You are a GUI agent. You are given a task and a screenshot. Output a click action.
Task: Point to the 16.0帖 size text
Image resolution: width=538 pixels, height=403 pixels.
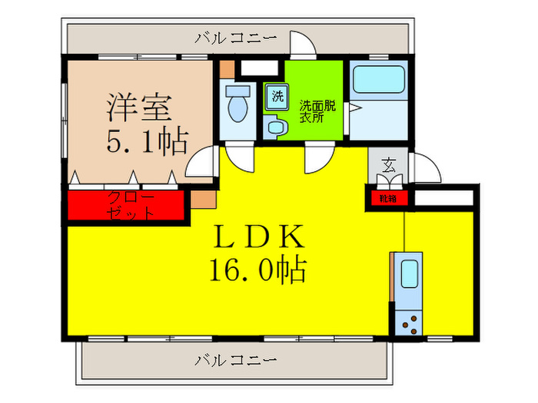click(x=257, y=269)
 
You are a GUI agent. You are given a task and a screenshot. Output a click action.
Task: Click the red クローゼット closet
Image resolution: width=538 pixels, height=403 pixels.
click(x=127, y=204)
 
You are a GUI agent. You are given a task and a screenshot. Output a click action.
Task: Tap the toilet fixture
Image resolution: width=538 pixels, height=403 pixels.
click(x=237, y=105)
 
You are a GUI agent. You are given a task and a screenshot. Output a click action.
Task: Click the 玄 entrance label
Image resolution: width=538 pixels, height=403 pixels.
click(x=390, y=164)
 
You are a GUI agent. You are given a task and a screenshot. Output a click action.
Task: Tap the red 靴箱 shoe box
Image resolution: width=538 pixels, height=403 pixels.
click(x=387, y=198)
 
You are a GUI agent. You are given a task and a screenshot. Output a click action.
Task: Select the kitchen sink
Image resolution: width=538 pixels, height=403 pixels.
click(x=408, y=273)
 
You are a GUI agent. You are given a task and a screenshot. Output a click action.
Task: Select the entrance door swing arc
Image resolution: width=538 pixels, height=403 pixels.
click(x=425, y=167)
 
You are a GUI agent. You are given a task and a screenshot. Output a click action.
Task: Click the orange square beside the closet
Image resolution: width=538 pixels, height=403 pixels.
click(x=203, y=200)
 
